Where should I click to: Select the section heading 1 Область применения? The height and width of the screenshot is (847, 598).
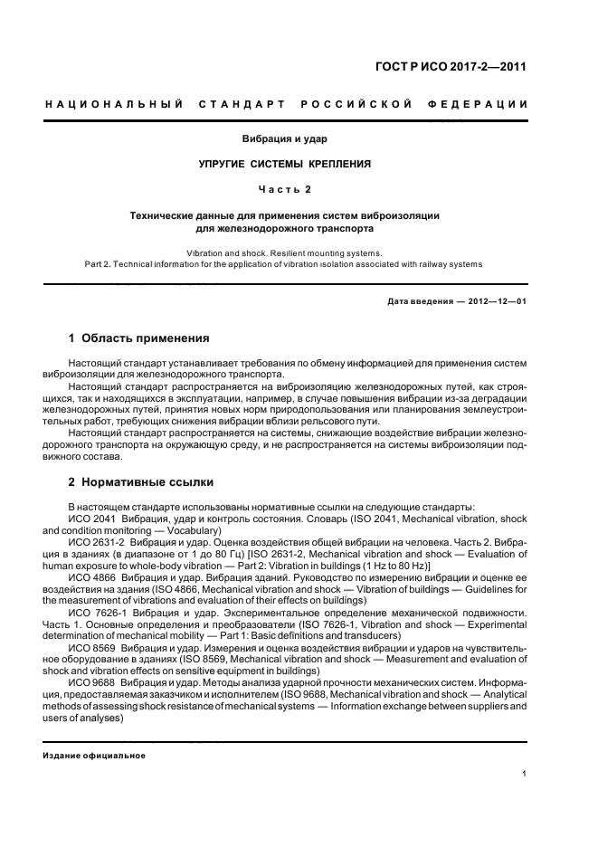click(138, 338)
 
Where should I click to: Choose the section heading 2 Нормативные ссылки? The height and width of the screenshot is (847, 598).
click(141, 482)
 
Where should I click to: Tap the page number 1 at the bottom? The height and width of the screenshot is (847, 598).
click(525, 774)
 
